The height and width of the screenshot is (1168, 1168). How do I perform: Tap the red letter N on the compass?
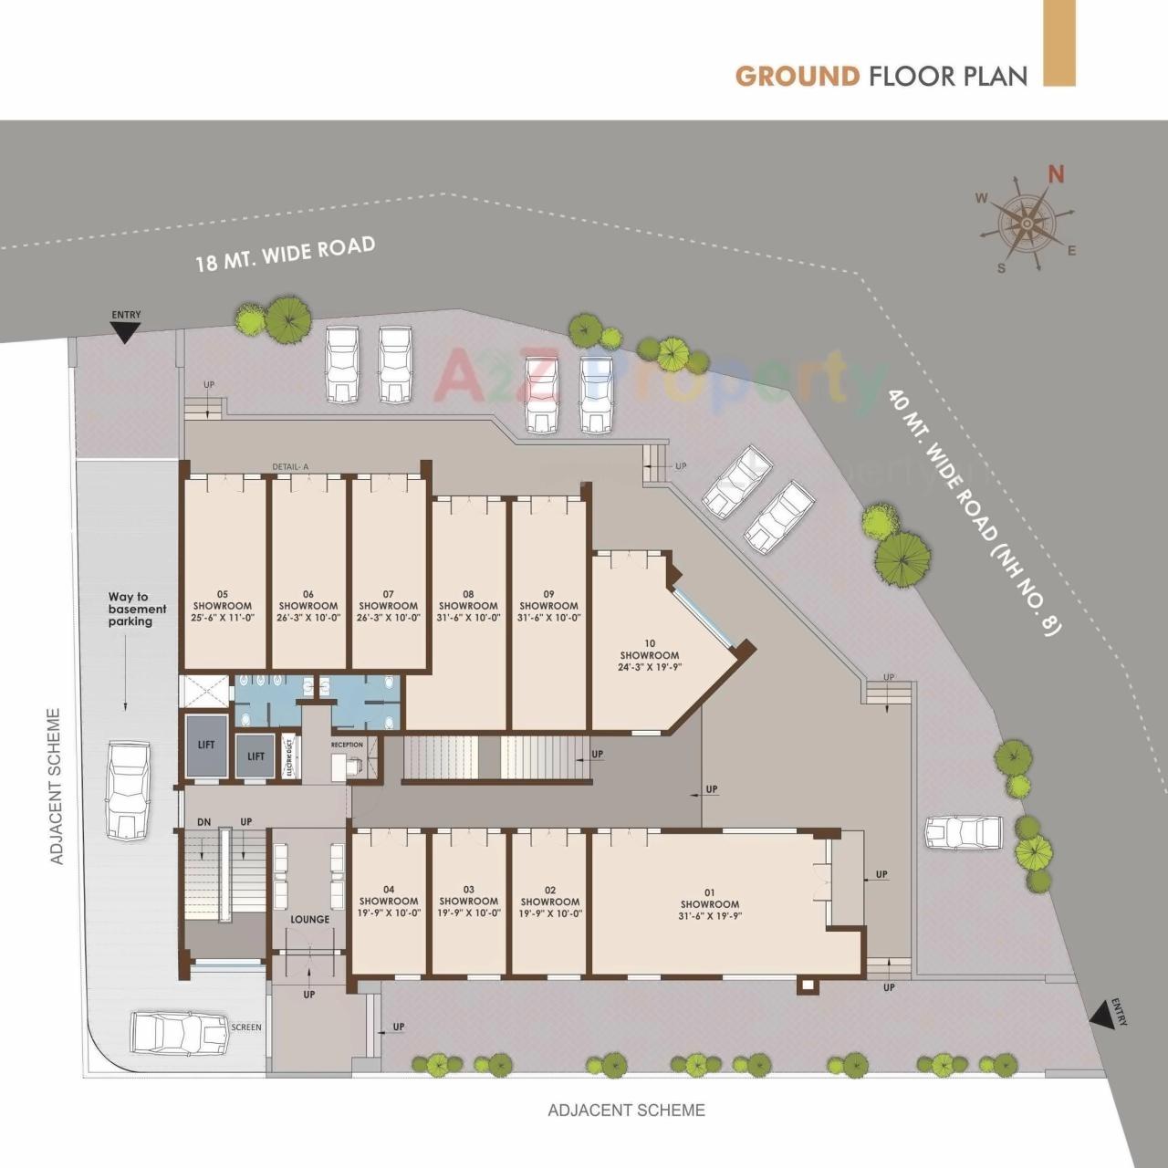coord(1057,173)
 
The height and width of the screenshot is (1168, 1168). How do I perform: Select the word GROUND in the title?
coord(798,75)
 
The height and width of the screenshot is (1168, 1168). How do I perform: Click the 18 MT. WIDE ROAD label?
coord(286,255)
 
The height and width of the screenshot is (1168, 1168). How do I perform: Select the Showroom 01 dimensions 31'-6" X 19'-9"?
coord(710,915)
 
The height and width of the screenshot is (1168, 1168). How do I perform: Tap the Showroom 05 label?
coord(223,606)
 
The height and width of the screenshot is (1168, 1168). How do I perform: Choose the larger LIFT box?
coord(206,746)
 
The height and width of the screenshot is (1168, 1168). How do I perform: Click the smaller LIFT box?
coord(255,756)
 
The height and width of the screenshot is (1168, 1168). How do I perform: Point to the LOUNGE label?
coord(310,919)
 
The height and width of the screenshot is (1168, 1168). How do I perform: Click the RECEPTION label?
coord(347,745)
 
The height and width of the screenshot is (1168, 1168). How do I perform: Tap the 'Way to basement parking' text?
coord(137,610)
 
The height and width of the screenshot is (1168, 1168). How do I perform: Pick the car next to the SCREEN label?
coord(178,1032)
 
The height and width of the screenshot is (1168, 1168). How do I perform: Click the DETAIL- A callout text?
coord(290,467)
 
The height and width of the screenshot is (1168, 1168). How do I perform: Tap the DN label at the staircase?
coord(203,822)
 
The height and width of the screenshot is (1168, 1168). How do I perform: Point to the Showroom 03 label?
coord(468,901)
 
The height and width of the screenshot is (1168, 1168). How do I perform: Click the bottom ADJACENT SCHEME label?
coord(626,1111)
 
